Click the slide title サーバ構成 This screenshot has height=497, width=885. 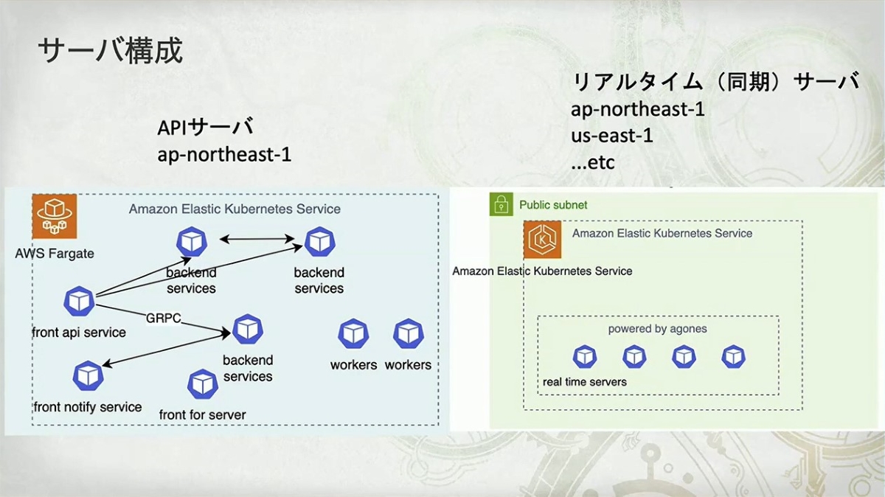[110, 52]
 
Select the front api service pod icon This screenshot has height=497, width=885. [79, 301]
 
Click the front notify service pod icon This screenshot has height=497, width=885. [88, 376]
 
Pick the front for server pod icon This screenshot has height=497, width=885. [203, 384]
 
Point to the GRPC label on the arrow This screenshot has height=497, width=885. [164, 318]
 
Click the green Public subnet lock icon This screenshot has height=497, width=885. [501, 204]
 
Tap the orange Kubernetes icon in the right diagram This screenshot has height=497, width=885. [544, 240]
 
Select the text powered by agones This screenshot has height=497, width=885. [657, 329]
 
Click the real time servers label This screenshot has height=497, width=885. [585, 381]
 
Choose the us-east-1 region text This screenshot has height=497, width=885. [611, 136]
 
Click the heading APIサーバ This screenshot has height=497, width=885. [205, 128]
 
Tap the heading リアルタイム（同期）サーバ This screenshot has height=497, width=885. [715, 82]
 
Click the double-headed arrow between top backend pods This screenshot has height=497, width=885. [257, 239]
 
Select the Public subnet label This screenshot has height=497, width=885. [553, 204]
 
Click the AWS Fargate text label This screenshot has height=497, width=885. [55, 254]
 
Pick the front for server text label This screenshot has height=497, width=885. [203, 414]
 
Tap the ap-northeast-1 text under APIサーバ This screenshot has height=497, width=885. [224, 155]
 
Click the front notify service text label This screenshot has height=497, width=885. [88, 407]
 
